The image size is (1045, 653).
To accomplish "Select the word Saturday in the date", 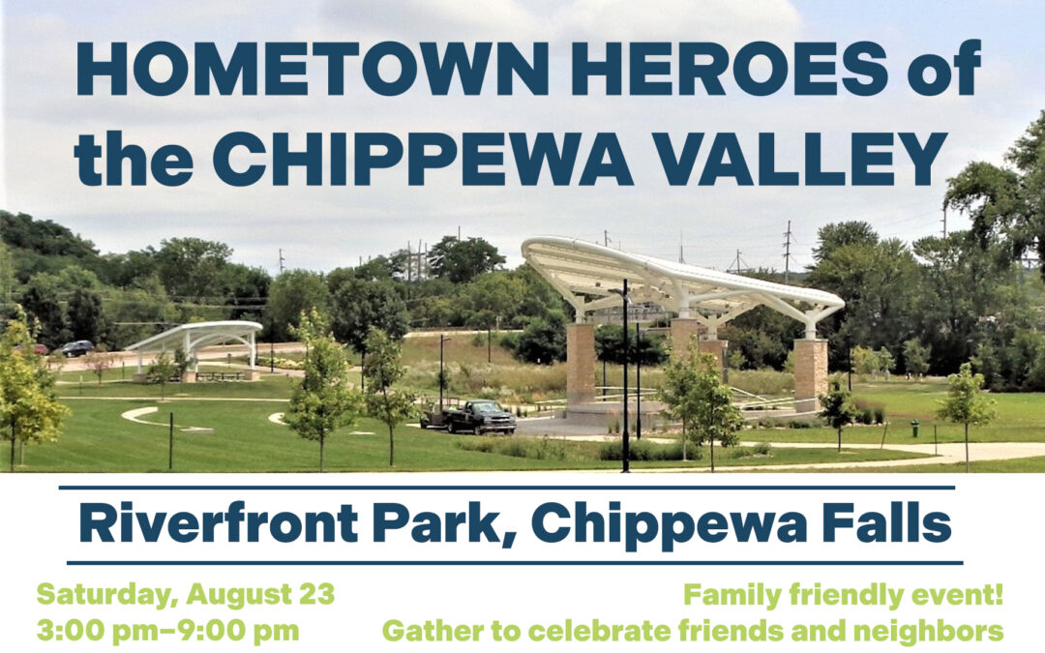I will point(105,593).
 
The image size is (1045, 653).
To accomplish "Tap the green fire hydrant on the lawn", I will point(913,427).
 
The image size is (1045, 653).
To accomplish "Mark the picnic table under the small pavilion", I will point(220,375).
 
